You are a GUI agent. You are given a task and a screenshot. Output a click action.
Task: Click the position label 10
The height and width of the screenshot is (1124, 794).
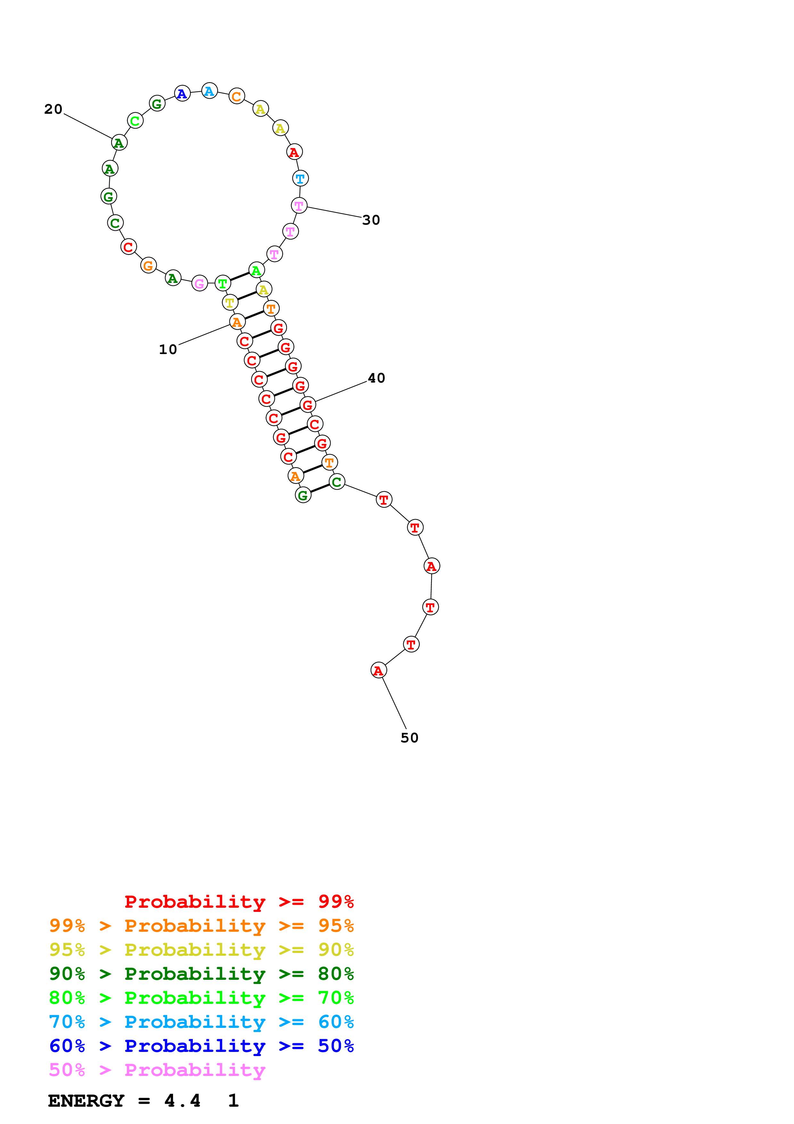click(x=168, y=350)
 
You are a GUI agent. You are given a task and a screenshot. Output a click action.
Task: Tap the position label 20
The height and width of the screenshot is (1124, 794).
click(x=53, y=109)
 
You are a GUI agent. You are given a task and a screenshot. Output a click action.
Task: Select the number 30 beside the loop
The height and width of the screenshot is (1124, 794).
click(x=371, y=220)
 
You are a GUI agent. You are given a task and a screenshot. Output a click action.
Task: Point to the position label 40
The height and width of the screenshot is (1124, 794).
click(x=376, y=378)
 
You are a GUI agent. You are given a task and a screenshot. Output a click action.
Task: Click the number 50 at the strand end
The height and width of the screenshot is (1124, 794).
click(x=409, y=738)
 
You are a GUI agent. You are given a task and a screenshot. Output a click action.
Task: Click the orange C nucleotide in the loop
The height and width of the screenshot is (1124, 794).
click(x=237, y=96)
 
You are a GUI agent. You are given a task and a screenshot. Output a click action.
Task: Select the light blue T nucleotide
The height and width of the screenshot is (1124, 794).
click(x=300, y=179)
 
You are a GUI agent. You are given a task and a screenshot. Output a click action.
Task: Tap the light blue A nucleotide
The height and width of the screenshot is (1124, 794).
click(x=209, y=91)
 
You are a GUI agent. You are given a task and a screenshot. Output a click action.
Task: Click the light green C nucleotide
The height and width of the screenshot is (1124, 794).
click(x=135, y=120)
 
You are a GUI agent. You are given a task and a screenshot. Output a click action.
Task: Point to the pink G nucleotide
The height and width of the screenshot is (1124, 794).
click(x=199, y=284)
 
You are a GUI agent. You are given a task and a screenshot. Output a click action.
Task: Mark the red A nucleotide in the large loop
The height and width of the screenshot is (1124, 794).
click(x=294, y=152)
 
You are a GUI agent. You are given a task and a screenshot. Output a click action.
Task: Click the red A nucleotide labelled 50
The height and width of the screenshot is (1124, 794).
click(x=379, y=671)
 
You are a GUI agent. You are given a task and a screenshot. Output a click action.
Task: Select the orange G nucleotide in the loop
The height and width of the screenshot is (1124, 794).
click(x=148, y=266)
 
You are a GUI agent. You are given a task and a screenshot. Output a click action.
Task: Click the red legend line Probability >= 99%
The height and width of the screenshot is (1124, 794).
click(x=239, y=902)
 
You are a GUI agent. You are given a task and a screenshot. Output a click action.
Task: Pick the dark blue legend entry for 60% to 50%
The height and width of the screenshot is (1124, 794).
click(x=201, y=1046)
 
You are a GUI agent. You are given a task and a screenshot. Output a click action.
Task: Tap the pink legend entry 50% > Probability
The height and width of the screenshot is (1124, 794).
click(x=157, y=1070)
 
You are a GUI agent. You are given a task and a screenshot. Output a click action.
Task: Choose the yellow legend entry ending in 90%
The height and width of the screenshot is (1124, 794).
click(x=201, y=950)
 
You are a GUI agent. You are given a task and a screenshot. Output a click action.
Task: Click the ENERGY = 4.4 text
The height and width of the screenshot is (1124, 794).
click(x=124, y=1101)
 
